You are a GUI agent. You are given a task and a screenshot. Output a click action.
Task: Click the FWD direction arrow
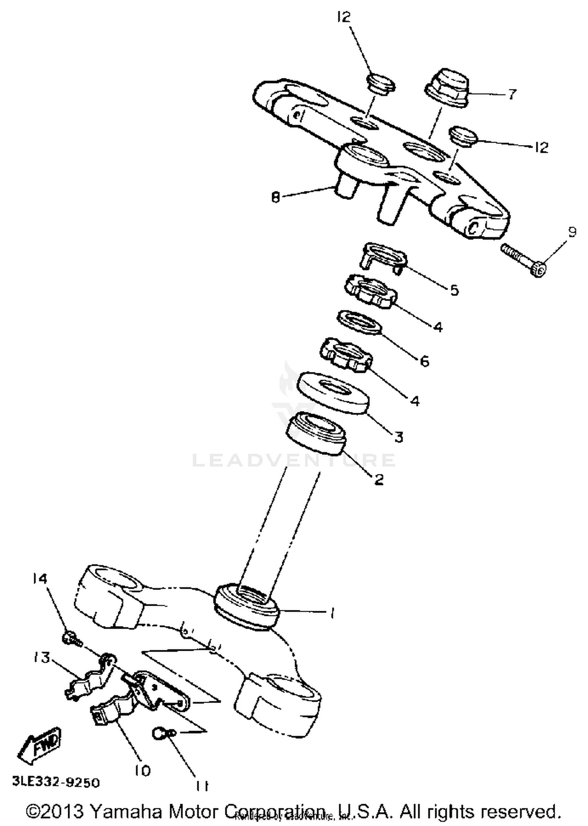(40, 747)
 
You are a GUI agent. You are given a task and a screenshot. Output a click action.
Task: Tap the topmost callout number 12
(343, 18)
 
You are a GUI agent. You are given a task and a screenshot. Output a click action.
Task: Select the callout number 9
(572, 232)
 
